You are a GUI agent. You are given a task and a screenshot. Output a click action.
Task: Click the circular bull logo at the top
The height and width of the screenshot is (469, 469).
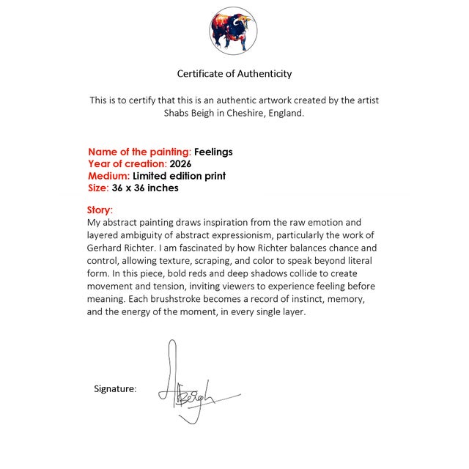(233, 31)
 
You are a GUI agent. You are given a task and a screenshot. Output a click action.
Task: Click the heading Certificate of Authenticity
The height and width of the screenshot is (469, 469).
(234, 73)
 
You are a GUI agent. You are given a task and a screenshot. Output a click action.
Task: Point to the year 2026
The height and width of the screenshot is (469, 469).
(180, 164)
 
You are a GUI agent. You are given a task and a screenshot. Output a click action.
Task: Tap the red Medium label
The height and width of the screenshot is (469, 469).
(109, 176)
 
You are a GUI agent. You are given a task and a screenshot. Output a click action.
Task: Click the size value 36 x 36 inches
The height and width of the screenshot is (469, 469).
(145, 188)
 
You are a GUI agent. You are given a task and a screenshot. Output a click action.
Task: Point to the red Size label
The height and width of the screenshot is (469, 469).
(98, 188)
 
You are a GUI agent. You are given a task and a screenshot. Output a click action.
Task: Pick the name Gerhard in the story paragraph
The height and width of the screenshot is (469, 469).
(106, 248)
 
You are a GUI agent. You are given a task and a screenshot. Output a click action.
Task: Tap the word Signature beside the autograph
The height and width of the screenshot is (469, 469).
(115, 388)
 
